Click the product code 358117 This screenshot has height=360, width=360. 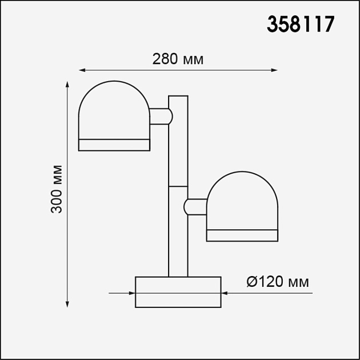click(301, 25)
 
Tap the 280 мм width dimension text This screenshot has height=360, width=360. click(178, 58)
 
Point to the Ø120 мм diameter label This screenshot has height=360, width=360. click(278, 282)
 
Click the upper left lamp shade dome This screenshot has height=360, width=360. click(114, 110)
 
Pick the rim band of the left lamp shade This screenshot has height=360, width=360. click(114, 145)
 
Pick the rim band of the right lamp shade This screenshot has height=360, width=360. click(242, 235)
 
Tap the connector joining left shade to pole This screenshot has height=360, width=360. click(160, 116)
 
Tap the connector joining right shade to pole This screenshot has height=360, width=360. click(195, 206)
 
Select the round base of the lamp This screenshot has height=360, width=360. click(178, 292)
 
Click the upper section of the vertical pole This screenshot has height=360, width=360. click(178, 140)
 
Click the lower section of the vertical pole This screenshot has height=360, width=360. click(178, 231)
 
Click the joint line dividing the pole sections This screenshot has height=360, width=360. click(178, 186)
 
